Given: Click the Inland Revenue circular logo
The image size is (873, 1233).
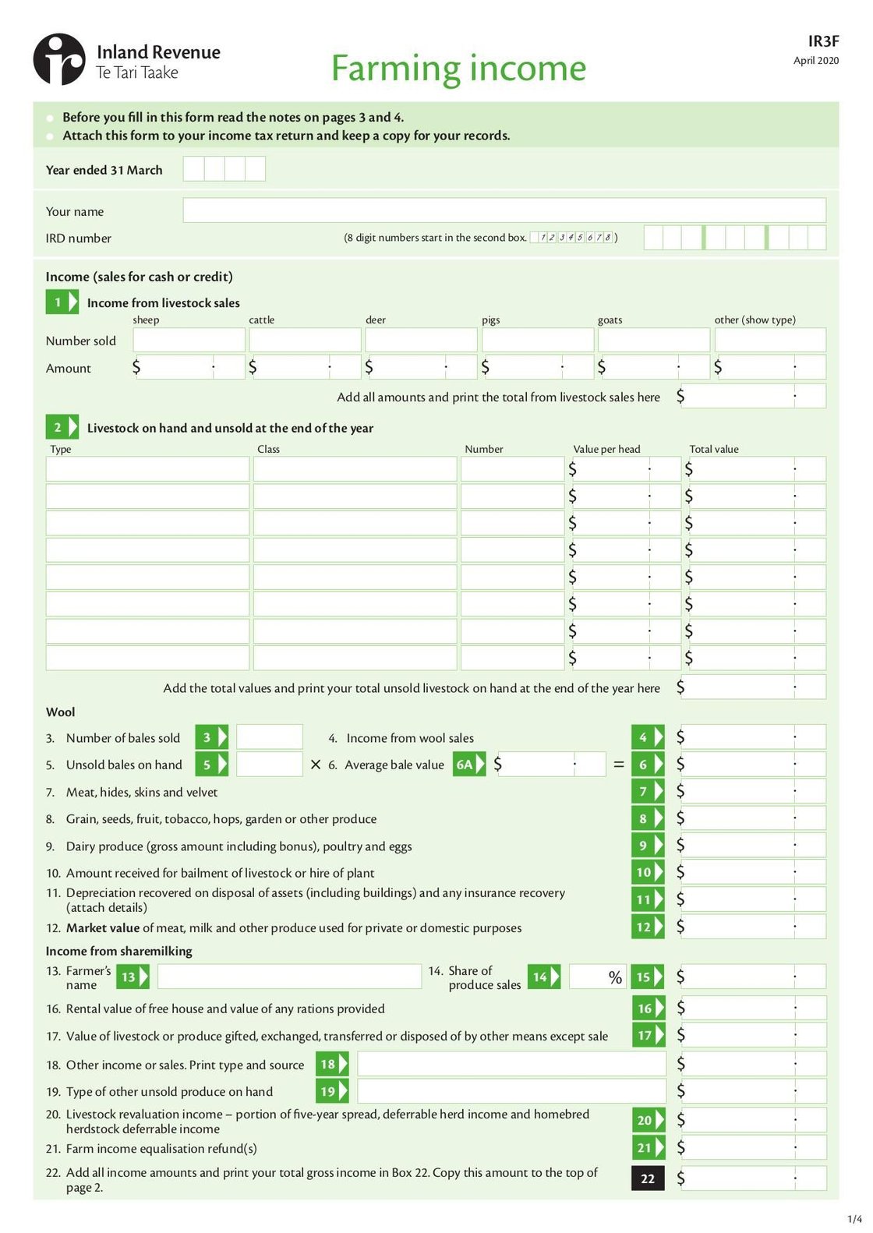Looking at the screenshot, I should point(58,59).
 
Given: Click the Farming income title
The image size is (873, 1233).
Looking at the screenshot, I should point(458,68).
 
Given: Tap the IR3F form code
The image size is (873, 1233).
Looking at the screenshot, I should point(823,41).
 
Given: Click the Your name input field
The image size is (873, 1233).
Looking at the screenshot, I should point(504,210).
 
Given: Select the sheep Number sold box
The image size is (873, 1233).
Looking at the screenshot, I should point(189,340).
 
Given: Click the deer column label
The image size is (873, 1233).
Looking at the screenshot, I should point(375,320).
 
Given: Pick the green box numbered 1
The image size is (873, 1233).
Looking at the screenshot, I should point(62,302).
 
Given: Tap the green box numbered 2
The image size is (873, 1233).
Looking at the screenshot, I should point(62,427).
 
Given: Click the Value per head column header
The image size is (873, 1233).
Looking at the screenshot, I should point(606,449).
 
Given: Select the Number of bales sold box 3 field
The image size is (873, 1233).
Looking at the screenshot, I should point(269,737).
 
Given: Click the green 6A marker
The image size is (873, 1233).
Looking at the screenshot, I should point(468,765).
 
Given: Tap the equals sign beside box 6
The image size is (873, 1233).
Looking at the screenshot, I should point(618,765).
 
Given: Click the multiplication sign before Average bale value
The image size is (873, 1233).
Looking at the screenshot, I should point(315,765).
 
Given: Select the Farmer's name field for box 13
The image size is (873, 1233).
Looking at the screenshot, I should point(289,977).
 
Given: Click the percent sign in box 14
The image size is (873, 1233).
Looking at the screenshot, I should point(615,977).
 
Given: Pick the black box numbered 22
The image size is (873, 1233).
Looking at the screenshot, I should point(648,1178).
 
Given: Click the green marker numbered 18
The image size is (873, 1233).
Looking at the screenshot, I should point(331,1064).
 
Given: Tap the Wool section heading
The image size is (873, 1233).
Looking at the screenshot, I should point(61,712).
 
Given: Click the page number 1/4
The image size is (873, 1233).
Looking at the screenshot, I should point(854,1219).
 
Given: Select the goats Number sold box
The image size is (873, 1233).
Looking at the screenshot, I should point(653,340).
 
